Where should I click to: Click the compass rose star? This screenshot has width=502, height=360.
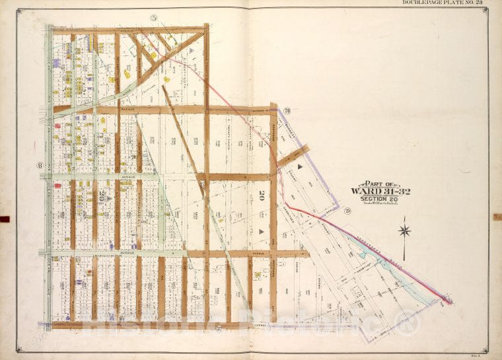pos(405,231)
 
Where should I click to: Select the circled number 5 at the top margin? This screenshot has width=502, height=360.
pos(153,17)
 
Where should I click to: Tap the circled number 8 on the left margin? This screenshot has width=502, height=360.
pos(40,165)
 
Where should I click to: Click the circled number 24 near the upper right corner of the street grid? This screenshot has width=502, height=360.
pos(287,110)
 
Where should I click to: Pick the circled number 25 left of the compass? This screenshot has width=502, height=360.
pos(347,211)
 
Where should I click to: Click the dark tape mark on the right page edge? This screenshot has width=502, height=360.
pos(497,217)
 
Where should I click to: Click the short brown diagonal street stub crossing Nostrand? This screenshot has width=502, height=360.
pos(292,157)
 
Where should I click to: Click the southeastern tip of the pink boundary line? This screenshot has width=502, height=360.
pos(451,303)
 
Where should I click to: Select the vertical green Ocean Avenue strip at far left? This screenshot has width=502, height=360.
pos(48,178)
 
